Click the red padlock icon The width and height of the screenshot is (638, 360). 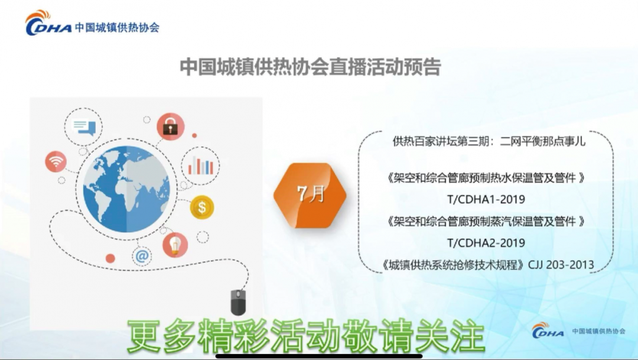click(x=171, y=127)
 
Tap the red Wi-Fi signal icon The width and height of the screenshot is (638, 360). click(x=56, y=161)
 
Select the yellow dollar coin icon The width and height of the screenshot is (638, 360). click(x=202, y=207)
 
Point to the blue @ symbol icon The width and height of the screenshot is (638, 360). click(x=142, y=256)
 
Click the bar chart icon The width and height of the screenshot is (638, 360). click(x=200, y=166)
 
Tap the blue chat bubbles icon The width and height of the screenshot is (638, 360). click(x=84, y=127)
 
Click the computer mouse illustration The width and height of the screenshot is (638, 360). click(x=239, y=302)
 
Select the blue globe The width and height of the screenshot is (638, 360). click(x=126, y=189)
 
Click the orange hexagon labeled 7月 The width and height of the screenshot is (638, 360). click(x=310, y=195)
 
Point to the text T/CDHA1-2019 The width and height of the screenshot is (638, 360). click(x=486, y=199)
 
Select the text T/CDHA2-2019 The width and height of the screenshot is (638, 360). click(x=486, y=243)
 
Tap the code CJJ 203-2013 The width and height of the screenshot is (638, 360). click(x=561, y=265)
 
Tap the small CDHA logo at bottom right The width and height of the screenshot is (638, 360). click(x=578, y=330)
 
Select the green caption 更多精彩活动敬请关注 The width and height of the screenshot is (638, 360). click(x=306, y=336)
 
